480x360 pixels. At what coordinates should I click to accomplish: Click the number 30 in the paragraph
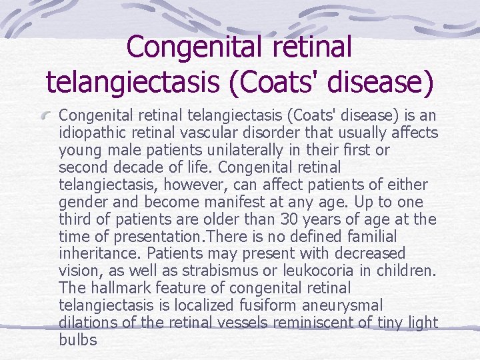[283, 219]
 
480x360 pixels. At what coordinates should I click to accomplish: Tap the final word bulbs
[77, 340]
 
